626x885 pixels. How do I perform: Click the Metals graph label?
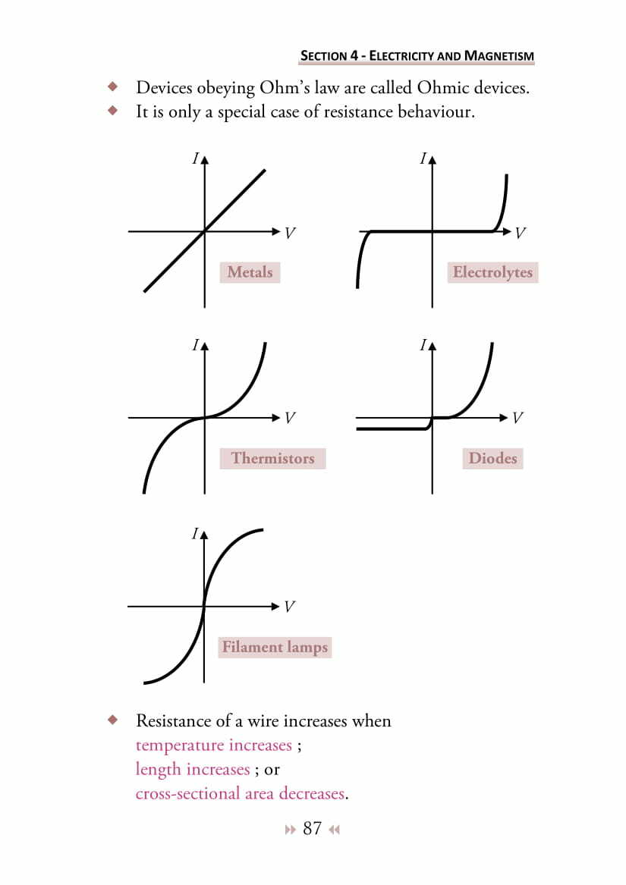tap(250, 272)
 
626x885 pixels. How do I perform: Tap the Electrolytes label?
tap(492, 272)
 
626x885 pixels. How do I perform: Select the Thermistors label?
tap(272, 458)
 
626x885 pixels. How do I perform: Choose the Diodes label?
tap(492, 458)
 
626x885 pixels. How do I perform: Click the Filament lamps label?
tap(275, 648)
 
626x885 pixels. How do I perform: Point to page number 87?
tap(312, 828)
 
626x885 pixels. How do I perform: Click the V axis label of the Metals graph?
tap(290, 233)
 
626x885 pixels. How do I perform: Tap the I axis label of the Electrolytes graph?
tap(423, 159)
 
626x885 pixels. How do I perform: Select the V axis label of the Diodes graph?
tap(517, 418)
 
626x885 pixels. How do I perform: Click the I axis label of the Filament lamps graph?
tap(195, 534)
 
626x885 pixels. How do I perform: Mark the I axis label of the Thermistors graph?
tap(195, 346)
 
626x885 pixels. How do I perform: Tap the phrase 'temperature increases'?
tap(213, 745)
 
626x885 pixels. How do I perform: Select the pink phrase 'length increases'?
tap(193, 770)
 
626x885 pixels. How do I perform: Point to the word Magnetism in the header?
tap(499, 56)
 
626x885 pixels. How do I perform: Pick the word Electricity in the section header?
tap(401, 56)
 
